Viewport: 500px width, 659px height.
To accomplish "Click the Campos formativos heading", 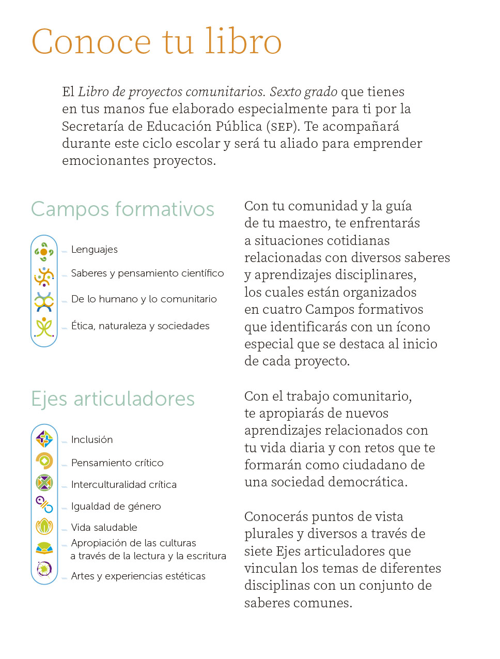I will [122, 209].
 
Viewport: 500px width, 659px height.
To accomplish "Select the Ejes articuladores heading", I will [113, 399].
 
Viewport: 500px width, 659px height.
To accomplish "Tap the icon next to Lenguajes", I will [44, 252].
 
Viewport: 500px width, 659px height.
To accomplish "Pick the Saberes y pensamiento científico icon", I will [44, 277].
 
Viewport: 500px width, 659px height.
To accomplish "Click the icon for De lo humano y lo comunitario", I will [44, 302].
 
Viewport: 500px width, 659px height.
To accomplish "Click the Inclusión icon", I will [44, 439].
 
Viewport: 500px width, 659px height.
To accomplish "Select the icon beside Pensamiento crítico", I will [44, 461].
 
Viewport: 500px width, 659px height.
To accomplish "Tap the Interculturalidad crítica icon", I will [44, 483].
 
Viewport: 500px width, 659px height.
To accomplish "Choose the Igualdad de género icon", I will [44, 504].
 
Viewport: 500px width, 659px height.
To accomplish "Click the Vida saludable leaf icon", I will [44, 526].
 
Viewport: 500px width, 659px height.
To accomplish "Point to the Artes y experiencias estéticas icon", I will [44, 569].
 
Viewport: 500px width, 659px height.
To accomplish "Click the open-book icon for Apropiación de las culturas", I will [44, 548].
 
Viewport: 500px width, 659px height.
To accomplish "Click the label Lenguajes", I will [95, 250].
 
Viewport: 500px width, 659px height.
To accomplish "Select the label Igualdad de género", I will [116, 507].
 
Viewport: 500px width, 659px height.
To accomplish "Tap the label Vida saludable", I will [104, 528].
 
